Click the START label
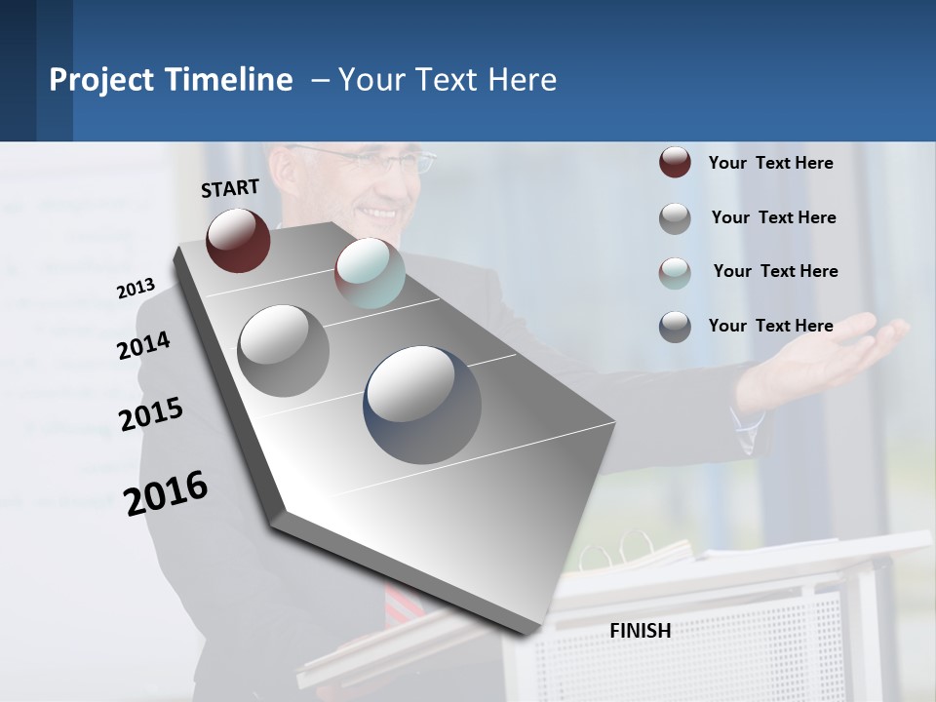(230, 188)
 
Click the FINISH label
(640, 631)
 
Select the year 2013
(136, 288)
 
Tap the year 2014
(143, 346)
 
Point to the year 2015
(150, 414)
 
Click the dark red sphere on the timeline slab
(238, 240)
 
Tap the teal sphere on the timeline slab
(370, 273)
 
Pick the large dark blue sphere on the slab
(422, 405)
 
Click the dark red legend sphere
(675, 163)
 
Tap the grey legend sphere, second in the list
(675, 218)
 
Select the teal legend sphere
(675, 272)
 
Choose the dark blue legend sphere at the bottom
(675, 327)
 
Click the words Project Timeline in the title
(171, 80)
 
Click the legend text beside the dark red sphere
(770, 163)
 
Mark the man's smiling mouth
(377, 211)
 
